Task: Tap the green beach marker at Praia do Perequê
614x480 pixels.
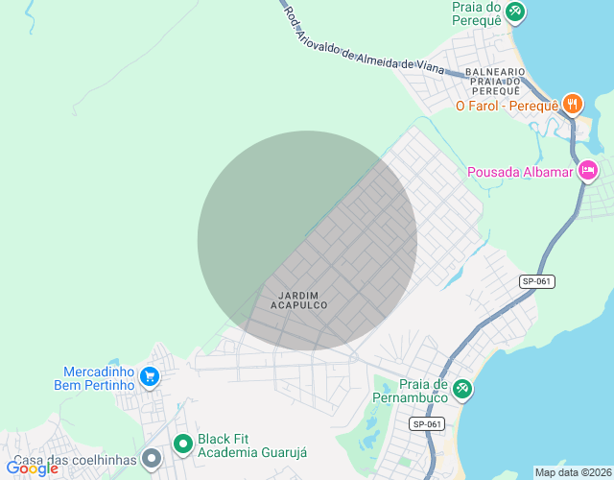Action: [515, 12]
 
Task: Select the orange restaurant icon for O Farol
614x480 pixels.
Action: [573, 105]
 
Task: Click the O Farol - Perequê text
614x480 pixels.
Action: [507, 106]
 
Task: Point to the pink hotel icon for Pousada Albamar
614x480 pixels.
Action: [588, 172]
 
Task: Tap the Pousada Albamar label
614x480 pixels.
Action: [519, 173]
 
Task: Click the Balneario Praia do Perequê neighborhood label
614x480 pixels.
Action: [494, 81]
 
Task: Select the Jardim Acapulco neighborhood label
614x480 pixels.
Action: [298, 300]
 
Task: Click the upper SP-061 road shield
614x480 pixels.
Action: [537, 281]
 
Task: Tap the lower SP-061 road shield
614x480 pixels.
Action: [427, 423]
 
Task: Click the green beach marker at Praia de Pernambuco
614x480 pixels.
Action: [462, 388]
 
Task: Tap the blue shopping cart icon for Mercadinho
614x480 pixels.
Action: [149, 377]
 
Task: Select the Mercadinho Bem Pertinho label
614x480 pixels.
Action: [98, 378]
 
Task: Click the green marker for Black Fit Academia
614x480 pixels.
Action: [182, 444]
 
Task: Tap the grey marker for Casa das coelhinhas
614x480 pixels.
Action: [151, 460]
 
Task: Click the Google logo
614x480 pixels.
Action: [33, 468]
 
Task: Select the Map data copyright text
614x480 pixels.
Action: [573, 472]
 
